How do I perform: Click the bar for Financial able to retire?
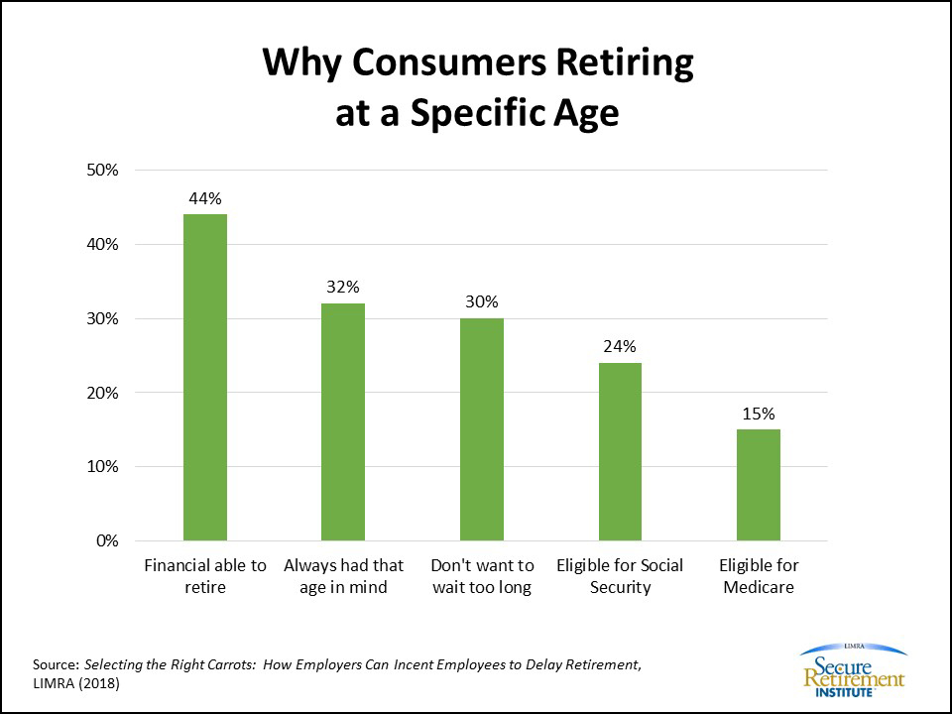point(205,377)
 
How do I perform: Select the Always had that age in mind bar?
point(343,421)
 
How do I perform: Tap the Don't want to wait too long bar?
point(481,429)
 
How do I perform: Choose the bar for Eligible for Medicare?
point(758,485)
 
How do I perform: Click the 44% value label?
point(205,197)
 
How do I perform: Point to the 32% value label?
point(343,287)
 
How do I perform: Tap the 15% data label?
point(758,414)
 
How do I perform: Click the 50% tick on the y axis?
point(102,170)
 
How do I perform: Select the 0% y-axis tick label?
point(106,540)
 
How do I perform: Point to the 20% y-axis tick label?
point(102,393)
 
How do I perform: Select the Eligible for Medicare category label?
point(759,575)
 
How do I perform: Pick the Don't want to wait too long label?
point(482,575)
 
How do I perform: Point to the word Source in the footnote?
point(55,663)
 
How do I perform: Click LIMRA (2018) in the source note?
point(76,683)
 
